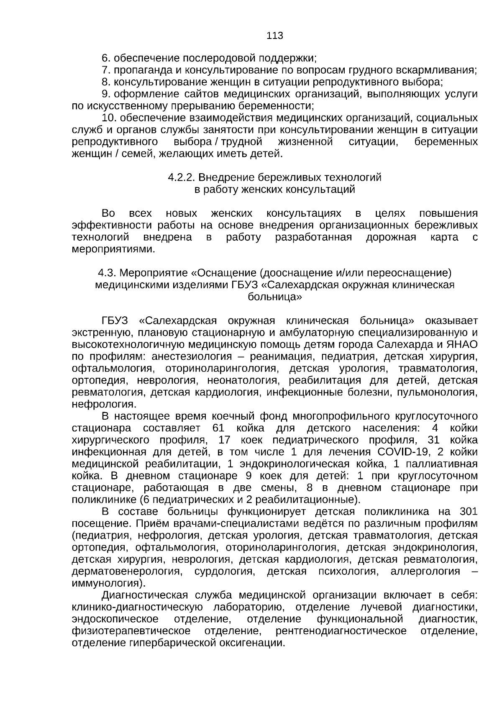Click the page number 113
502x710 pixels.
coord(275,36)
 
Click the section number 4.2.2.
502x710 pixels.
coord(182,177)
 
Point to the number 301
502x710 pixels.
coord(469,512)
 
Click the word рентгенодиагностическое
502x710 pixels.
coord(341,631)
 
